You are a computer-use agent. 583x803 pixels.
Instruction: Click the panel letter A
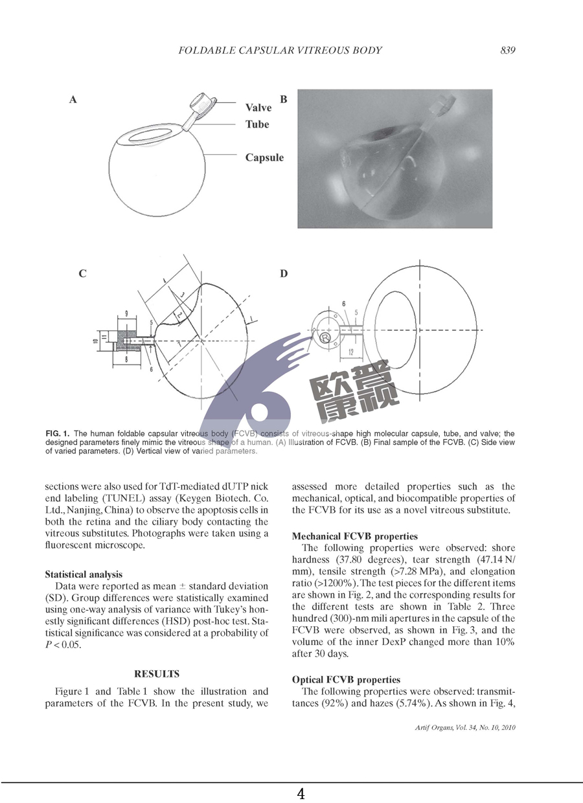pos(73,100)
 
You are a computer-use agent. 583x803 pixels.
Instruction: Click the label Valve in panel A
pos(258,107)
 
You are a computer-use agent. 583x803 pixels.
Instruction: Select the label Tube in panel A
pos(257,124)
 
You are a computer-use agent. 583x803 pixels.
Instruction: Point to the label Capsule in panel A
pos(264,157)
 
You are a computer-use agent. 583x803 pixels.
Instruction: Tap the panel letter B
pos(283,99)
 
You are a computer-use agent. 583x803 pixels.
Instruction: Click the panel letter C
pos(82,274)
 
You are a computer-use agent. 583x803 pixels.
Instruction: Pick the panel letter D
pos(283,274)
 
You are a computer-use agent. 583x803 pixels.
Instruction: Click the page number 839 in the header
pos(507,51)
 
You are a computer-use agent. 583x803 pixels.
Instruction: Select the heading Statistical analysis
pos(84,574)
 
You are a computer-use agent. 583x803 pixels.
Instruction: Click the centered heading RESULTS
pos(157,674)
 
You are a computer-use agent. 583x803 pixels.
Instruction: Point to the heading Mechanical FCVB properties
pos(355,536)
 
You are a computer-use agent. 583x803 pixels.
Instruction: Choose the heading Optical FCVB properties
pos(346,680)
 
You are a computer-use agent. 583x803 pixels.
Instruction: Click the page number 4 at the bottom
pos(301,794)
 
